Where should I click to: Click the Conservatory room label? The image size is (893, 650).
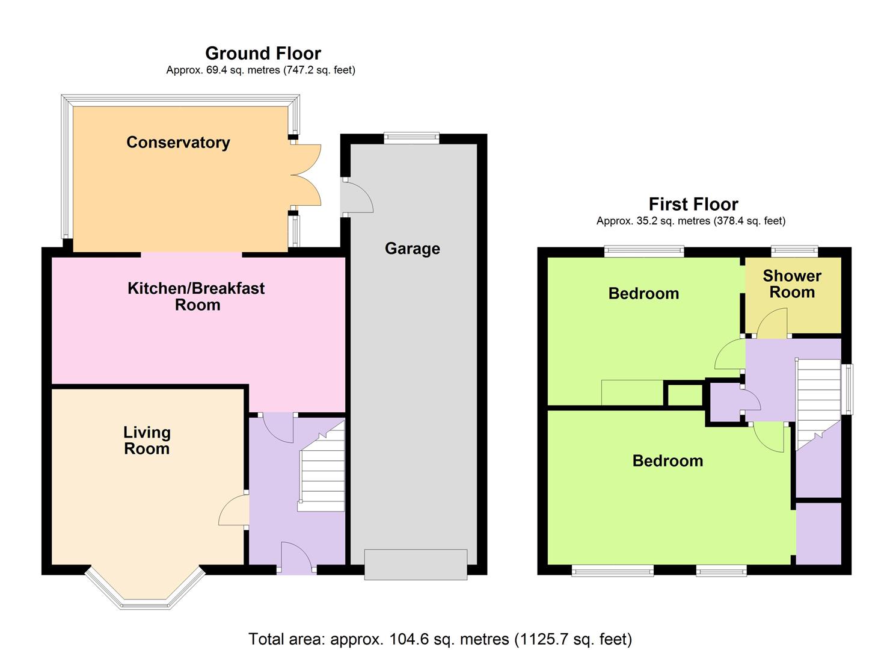click(178, 143)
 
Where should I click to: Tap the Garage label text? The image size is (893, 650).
click(412, 249)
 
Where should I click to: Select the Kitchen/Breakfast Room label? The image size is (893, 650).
click(196, 297)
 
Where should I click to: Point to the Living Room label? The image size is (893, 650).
click(147, 441)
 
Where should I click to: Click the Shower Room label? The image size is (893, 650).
click(792, 284)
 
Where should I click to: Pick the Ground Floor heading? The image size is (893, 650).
click(263, 53)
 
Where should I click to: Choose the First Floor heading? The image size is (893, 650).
click(693, 204)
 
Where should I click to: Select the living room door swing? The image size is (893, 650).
click(233, 510)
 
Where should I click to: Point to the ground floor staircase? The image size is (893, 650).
click(321, 466)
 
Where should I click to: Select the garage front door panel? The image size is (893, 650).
click(416, 565)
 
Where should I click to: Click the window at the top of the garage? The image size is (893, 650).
click(411, 138)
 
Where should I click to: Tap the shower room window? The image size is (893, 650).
click(794, 251)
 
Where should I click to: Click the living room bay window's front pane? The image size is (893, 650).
click(145, 605)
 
